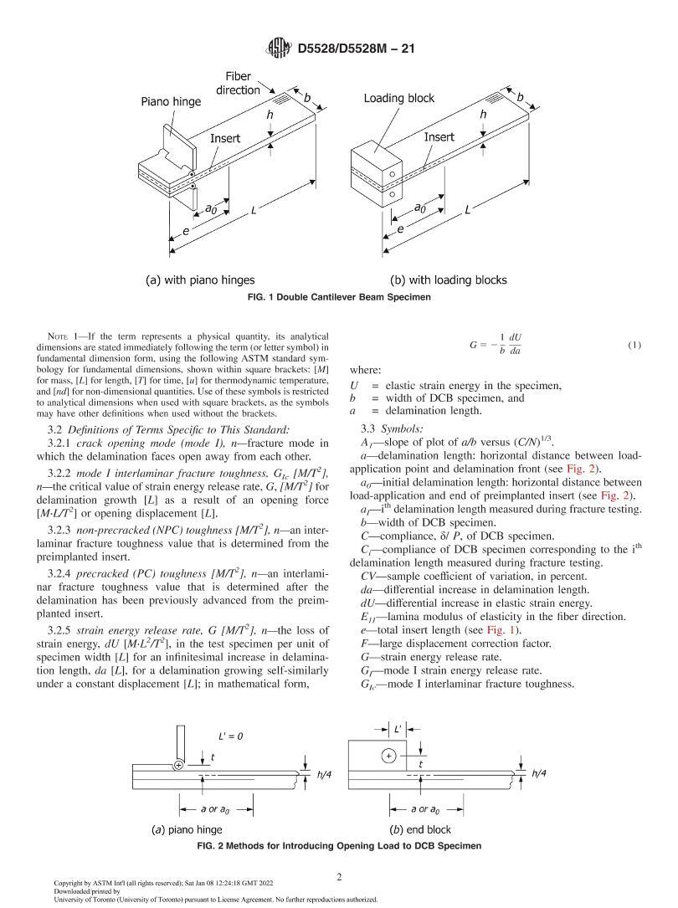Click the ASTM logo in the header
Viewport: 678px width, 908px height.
tap(276, 49)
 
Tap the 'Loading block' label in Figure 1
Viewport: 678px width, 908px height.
tap(398, 98)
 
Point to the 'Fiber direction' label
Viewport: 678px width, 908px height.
tap(239, 83)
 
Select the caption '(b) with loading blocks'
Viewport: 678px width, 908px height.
tap(448, 280)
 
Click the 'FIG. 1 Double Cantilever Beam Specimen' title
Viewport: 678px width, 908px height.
tap(338, 296)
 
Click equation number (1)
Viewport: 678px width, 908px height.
tap(634, 346)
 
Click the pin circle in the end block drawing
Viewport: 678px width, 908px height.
tap(388, 757)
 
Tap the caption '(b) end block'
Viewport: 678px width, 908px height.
tap(420, 829)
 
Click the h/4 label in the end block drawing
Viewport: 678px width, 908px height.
tap(541, 774)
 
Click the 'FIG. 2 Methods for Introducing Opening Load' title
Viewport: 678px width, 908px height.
tap(338, 846)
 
